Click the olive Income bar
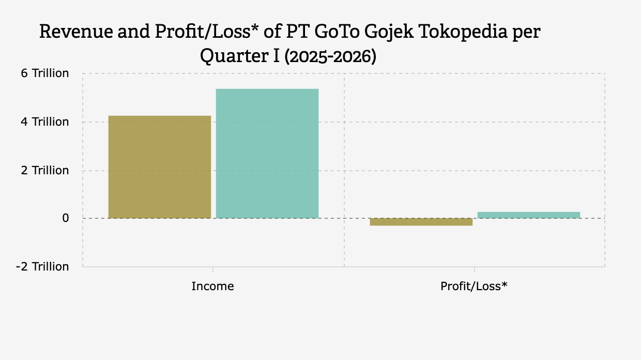(160, 167)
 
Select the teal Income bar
(267, 153)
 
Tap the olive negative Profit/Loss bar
(421, 222)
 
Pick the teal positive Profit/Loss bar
(528, 215)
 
